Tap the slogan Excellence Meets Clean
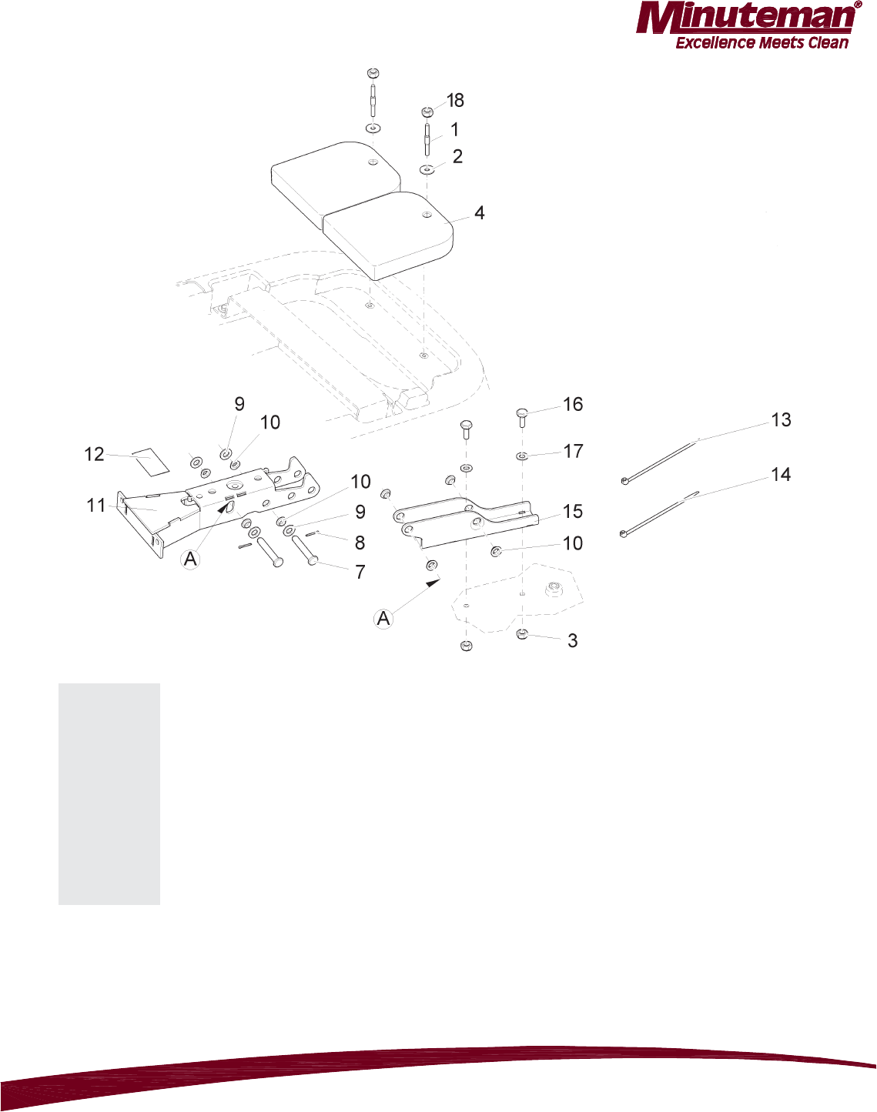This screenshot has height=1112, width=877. click(762, 43)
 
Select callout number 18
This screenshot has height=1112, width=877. click(456, 101)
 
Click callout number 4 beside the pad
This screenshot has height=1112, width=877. click(480, 213)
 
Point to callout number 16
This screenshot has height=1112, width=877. click(573, 405)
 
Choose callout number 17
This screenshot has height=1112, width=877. click(573, 452)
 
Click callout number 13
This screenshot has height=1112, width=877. click(781, 420)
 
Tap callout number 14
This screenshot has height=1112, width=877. click(781, 475)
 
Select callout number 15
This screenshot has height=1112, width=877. click(573, 512)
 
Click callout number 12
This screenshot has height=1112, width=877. click(94, 455)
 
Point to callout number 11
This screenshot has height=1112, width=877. click(96, 506)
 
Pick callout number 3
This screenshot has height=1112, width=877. click(572, 641)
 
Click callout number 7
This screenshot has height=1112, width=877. click(360, 573)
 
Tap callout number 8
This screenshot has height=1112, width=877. click(360, 543)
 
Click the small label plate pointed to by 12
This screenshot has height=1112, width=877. click(150, 460)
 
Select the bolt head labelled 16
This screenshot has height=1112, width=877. click(521, 413)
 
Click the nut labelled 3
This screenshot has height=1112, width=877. click(522, 634)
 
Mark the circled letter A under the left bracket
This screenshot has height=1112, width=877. click(191, 559)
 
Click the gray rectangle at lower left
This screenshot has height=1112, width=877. click(109, 793)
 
